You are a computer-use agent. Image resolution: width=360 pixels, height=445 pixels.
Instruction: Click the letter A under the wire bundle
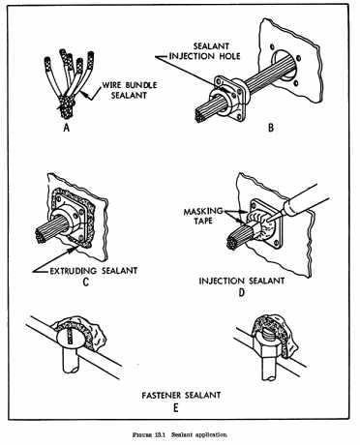tap(67, 128)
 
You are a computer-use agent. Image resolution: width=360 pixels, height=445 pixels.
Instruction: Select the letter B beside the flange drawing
tap(271, 128)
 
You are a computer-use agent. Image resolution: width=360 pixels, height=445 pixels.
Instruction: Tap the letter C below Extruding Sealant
tap(86, 282)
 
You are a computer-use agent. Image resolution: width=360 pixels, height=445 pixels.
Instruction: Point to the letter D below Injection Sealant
tap(242, 292)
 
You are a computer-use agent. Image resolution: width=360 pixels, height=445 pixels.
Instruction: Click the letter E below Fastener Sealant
tap(175, 407)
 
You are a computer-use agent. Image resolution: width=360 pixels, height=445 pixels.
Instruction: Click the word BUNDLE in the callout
tap(141, 85)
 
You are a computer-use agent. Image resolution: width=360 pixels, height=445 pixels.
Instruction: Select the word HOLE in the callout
tap(228, 56)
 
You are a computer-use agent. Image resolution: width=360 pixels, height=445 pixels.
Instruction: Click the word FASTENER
tap(161, 395)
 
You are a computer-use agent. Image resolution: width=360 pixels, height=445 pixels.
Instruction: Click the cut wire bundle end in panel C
tap(41, 236)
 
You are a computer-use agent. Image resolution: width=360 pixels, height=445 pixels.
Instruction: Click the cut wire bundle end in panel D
tap(232, 243)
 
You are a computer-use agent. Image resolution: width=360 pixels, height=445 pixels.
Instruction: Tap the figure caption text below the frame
tap(180, 434)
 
